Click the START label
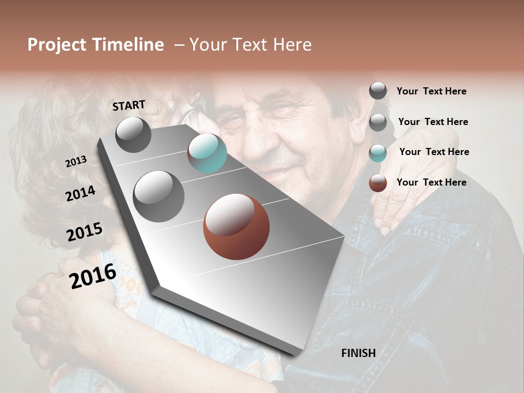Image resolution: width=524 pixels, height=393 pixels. pyautogui.click(x=129, y=105)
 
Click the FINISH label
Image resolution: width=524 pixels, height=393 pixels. pyautogui.click(x=358, y=353)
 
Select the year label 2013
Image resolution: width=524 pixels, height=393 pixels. pyautogui.click(x=76, y=162)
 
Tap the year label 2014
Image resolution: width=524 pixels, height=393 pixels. pyautogui.click(x=80, y=194)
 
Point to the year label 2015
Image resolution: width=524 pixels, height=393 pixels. pyautogui.click(x=85, y=232)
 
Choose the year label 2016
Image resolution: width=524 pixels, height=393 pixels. pyautogui.click(x=93, y=276)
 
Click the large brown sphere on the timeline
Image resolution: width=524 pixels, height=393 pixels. pyautogui.click(x=236, y=227)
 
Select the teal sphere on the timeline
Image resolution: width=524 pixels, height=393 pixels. pyautogui.click(x=207, y=153)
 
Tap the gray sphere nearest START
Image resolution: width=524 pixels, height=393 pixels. pyautogui.click(x=133, y=134)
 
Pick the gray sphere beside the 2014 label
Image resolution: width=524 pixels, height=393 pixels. pyautogui.click(x=158, y=196)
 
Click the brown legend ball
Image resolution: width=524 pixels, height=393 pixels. pyautogui.click(x=378, y=183)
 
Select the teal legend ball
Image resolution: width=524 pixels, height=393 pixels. pyautogui.click(x=378, y=153)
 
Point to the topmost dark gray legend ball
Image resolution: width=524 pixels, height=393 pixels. pyautogui.click(x=378, y=91)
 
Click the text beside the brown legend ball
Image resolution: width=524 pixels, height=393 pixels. pyautogui.click(x=431, y=182)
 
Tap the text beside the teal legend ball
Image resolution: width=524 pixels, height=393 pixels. pyautogui.click(x=434, y=152)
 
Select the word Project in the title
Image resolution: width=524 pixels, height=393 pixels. pyautogui.click(x=57, y=45)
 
